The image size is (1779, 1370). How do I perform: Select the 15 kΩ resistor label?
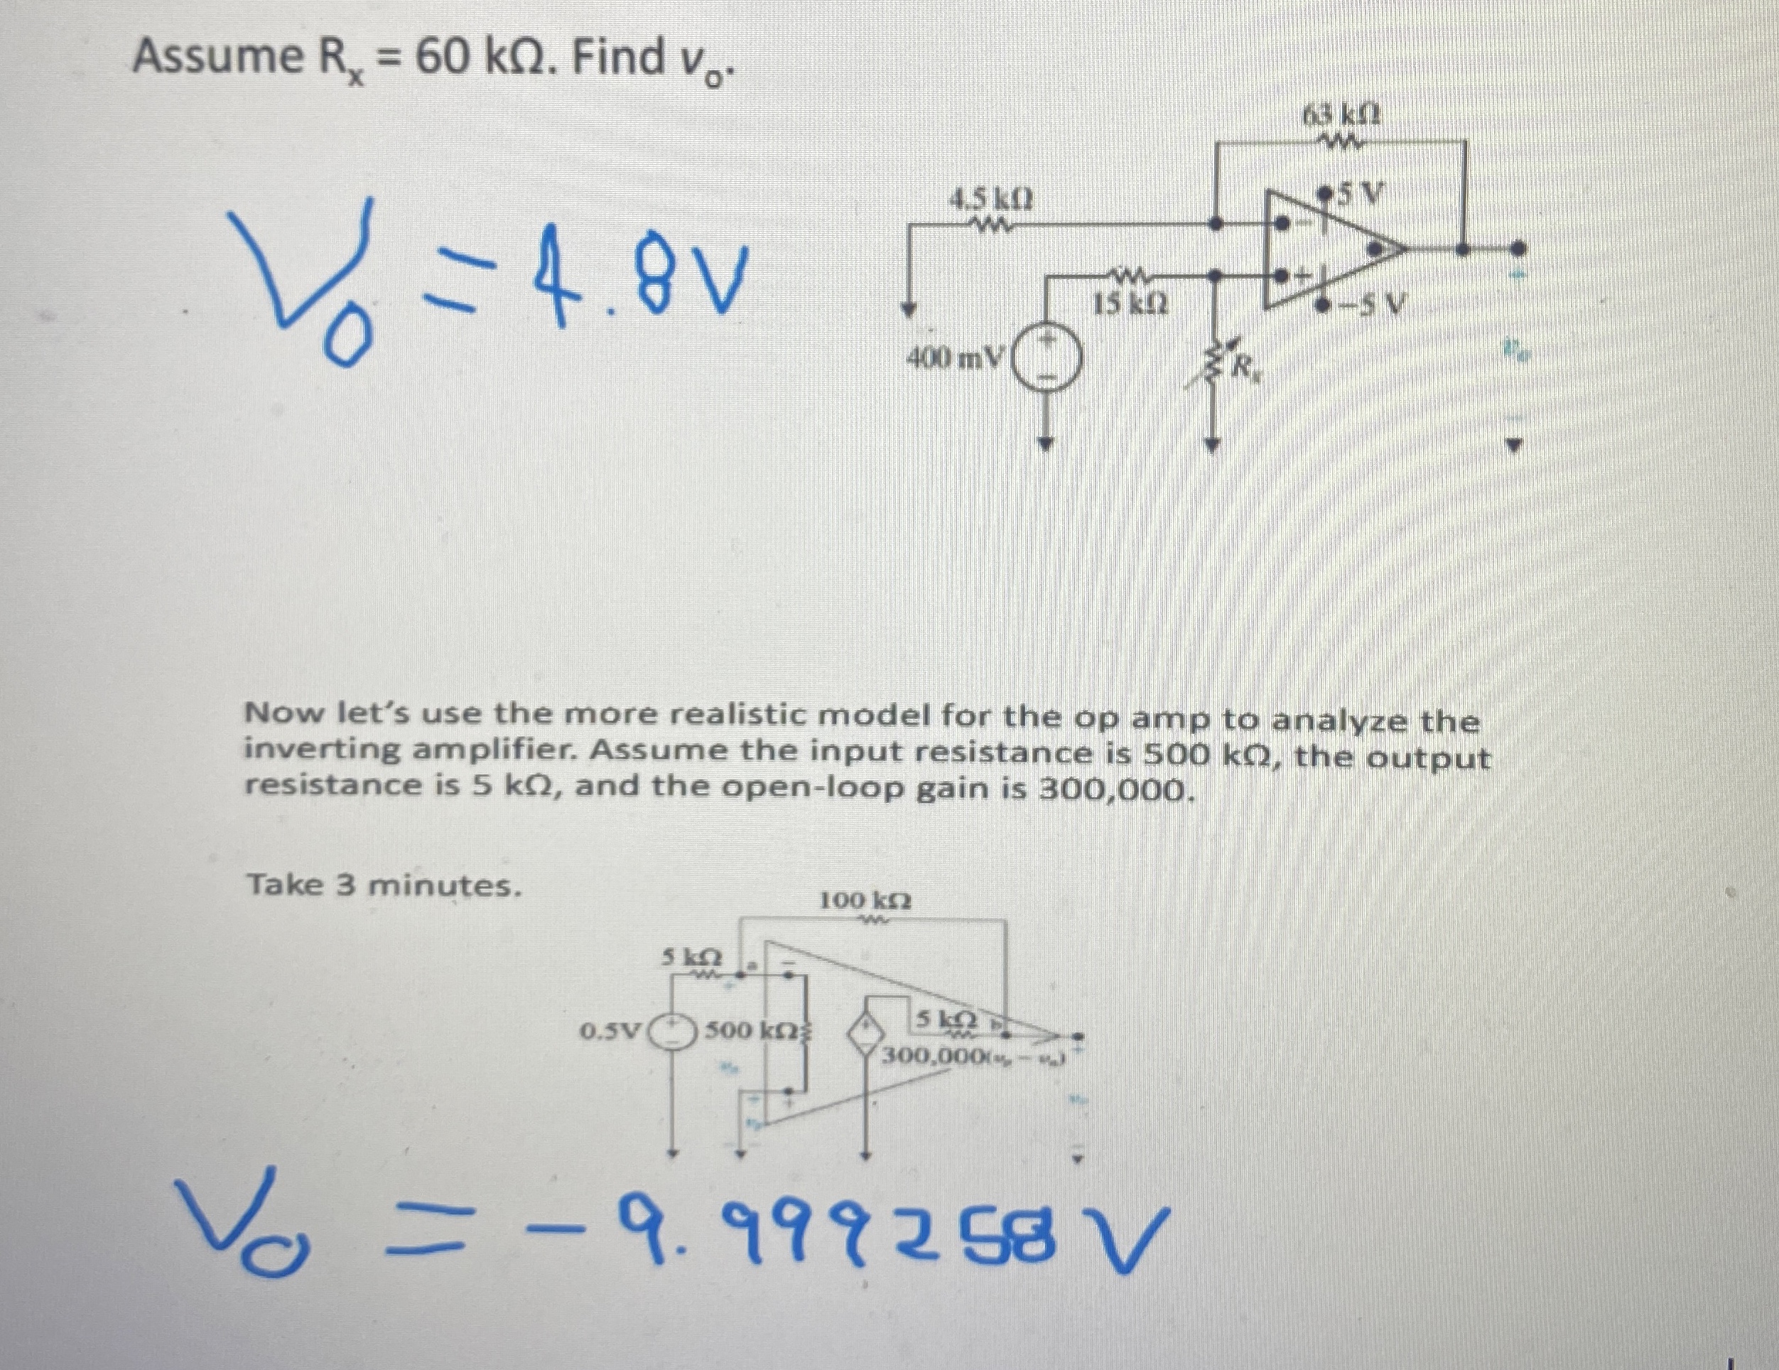pyautogui.click(x=1132, y=306)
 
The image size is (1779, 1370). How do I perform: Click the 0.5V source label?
pyautogui.click(x=612, y=1031)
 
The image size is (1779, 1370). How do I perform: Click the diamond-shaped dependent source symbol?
pyautogui.click(x=868, y=1032)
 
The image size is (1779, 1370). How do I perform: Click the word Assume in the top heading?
pyautogui.click(x=217, y=57)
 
